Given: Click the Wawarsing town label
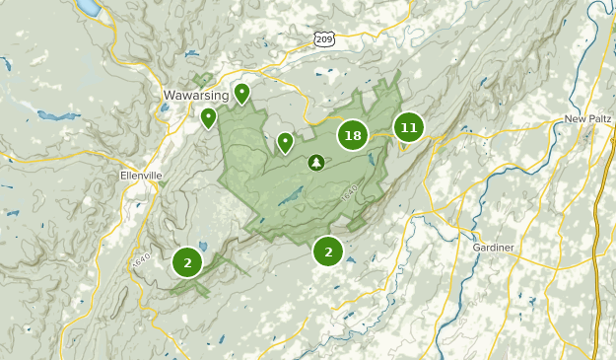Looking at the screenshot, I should (x=195, y=96).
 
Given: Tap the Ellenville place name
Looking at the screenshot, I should (x=139, y=176).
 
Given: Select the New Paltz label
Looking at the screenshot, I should (x=588, y=119).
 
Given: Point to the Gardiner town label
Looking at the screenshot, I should (x=494, y=247).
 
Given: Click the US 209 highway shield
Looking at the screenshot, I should (x=325, y=38).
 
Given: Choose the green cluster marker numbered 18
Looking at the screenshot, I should (x=353, y=135).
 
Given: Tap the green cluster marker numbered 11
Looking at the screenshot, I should (x=409, y=126).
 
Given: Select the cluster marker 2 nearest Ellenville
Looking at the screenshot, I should (x=186, y=262).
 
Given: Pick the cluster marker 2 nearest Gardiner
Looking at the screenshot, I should (x=328, y=252).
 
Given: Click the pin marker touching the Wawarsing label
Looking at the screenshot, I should (x=241, y=93).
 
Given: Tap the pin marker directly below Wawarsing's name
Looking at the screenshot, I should (x=208, y=117).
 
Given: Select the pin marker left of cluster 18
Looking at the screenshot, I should (x=285, y=142).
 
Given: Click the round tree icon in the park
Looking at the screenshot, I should (x=316, y=162).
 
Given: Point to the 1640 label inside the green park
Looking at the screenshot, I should (x=349, y=195).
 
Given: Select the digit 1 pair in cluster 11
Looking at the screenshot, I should (x=409, y=126).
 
